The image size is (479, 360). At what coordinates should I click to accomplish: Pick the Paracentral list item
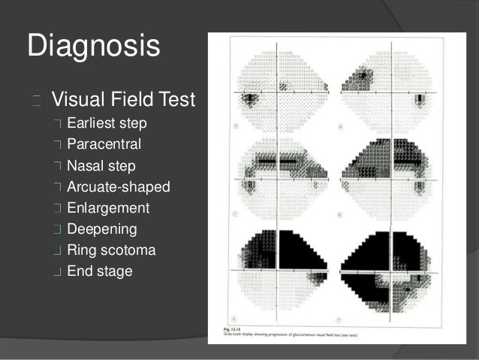click(x=104, y=144)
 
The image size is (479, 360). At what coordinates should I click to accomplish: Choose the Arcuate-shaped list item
click(x=118, y=186)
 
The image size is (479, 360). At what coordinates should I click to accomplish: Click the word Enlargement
click(x=107, y=207)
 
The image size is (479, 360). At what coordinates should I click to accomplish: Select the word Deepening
click(x=103, y=228)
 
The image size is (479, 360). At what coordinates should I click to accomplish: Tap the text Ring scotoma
click(x=111, y=250)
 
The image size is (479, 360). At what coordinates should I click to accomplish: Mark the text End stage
click(x=99, y=271)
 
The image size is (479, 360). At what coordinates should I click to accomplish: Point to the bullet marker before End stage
click(x=58, y=271)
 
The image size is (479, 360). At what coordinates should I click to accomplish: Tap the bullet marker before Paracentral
click(x=58, y=144)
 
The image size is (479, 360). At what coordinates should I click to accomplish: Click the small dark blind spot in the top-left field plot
click(x=248, y=99)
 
